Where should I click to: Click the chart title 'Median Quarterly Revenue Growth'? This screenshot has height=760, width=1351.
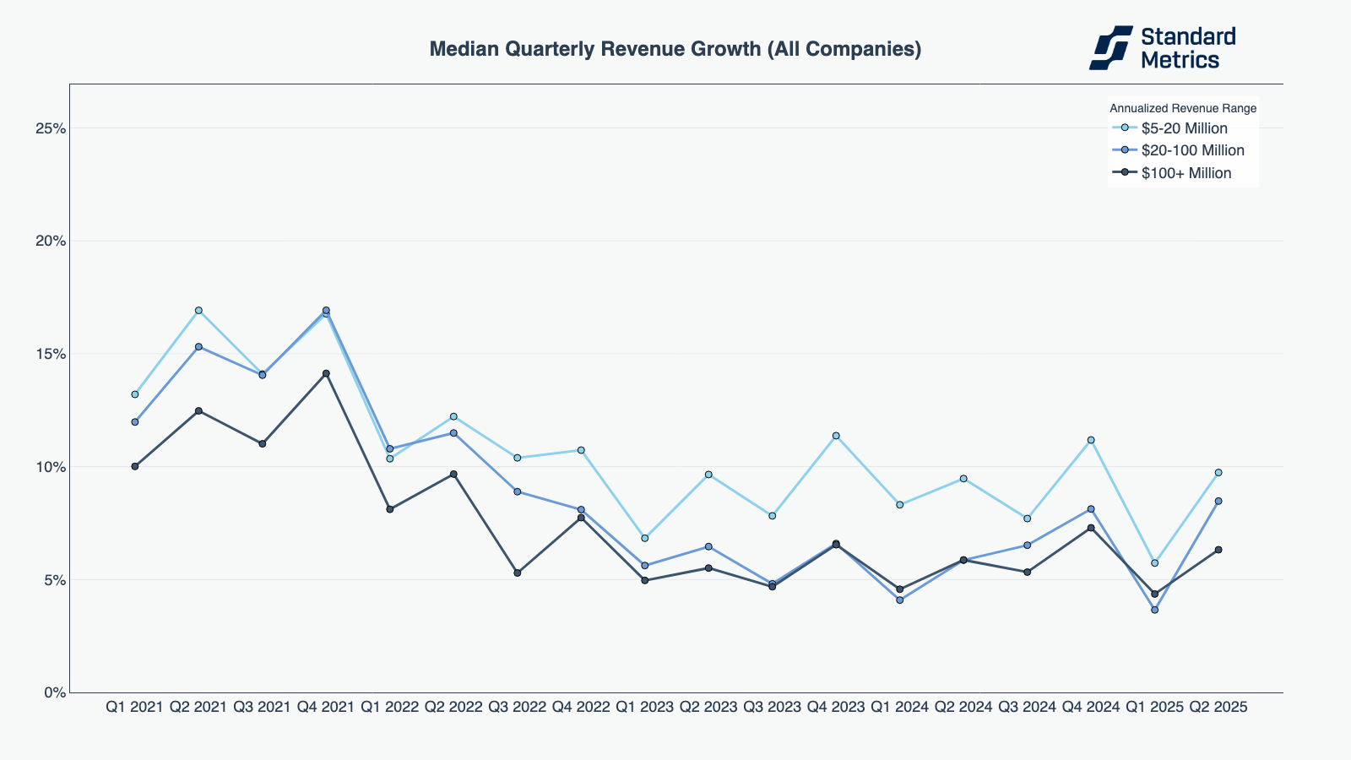click(x=675, y=49)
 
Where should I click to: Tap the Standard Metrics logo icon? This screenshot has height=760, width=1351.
click(x=1110, y=47)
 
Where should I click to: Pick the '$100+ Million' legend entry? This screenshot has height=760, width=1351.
click(x=1186, y=173)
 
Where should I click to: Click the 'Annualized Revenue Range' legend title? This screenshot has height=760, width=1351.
click(x=1182, y=108)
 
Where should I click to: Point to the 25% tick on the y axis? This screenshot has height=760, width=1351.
click(x=50, y=128)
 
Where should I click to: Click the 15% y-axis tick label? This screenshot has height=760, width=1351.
click(x=50, y=354)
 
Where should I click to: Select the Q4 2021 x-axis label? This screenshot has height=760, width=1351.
click(x=325, y=707)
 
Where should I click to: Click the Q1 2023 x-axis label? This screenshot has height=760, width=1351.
click(x=644, y=707)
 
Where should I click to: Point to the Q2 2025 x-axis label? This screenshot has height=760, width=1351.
click(x=1218, y=707)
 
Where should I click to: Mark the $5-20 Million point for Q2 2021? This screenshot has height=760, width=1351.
click(x=198, y=311)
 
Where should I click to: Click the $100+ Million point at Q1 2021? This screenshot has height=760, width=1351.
click(x=135, y=466)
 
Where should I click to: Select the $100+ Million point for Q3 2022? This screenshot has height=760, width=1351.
click(x=518, y=573)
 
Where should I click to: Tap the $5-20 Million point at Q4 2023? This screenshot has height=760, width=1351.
click(x=836, y=436)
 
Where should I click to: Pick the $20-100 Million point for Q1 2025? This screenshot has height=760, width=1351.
click(x=1154, y=610)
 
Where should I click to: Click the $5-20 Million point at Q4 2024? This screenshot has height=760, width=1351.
click(x=1091, y=440)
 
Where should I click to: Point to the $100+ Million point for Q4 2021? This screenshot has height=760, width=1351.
click(x=326, y=373)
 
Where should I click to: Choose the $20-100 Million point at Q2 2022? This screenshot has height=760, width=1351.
click(x=453, y=433)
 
